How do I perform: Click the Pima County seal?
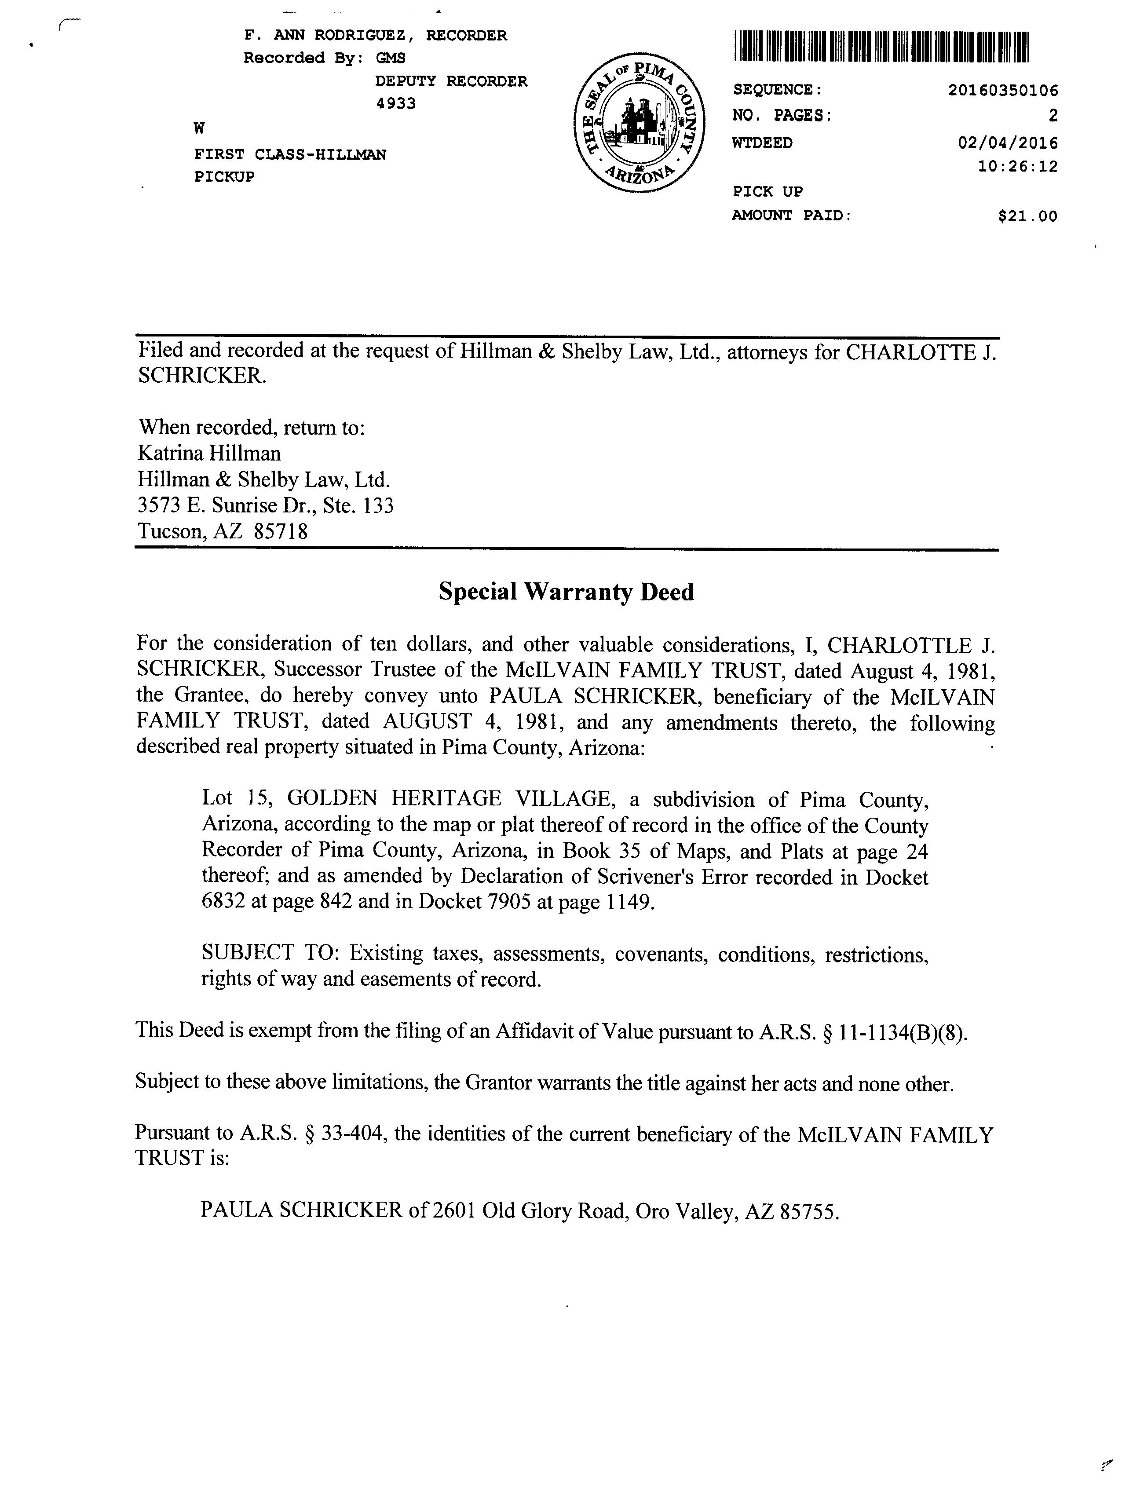point(639,122)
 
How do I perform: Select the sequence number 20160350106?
point(1003,90)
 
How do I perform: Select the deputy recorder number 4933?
point(395,103)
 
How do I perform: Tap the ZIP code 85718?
point(281,531)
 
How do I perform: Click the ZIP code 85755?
point(808,1212)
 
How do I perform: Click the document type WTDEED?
point(762,143)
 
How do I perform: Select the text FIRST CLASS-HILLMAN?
point(290,154)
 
